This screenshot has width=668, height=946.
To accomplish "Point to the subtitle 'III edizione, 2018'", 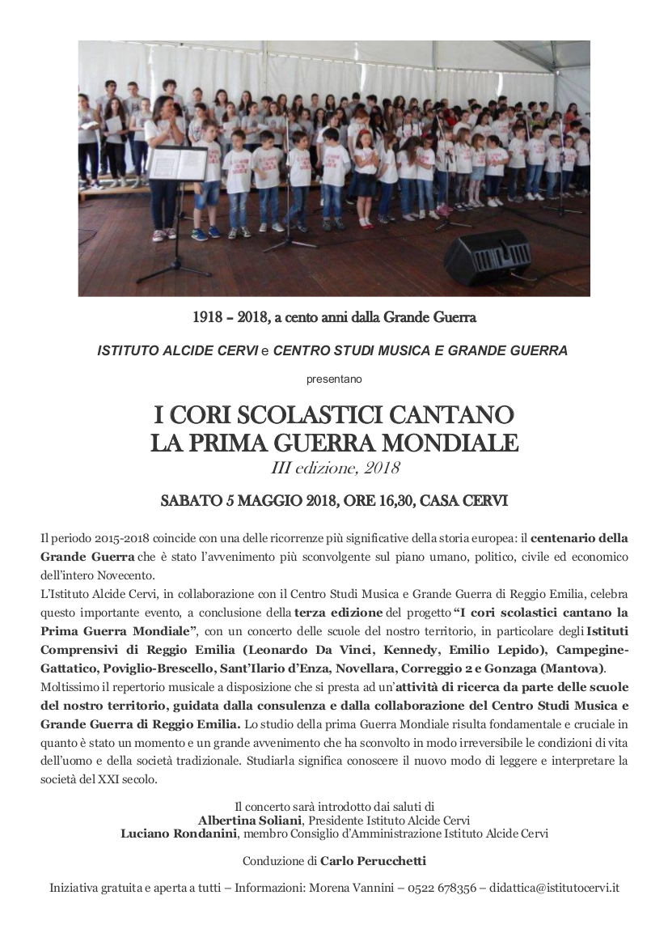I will point(334,469).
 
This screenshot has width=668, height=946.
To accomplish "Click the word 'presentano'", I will point(334,378).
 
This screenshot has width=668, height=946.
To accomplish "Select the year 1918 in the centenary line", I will point(207,317).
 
